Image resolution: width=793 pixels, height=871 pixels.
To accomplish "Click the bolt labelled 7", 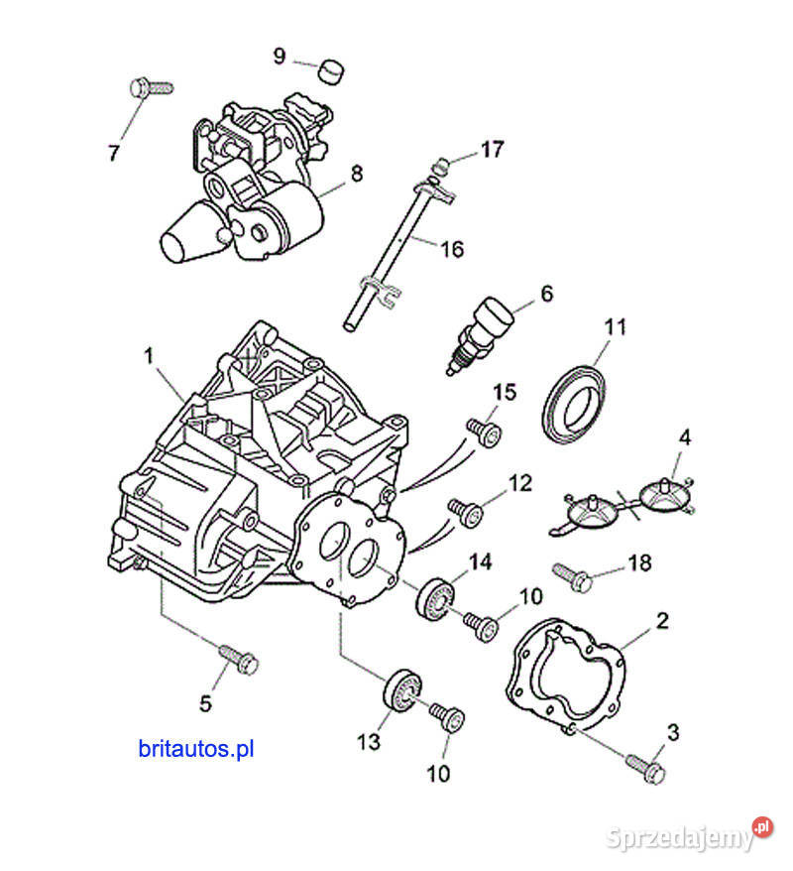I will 149,87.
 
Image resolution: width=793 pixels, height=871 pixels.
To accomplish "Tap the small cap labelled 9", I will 331,71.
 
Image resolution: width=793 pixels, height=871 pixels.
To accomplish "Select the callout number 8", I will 356,174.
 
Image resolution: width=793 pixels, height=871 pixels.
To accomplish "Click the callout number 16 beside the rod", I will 451,248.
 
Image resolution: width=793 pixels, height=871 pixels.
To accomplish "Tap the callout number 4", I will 685,436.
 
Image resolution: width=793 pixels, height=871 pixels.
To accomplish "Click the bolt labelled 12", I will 466,512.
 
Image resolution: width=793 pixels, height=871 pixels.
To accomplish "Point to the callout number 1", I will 150,356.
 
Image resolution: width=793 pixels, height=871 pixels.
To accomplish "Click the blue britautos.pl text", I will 196,749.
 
